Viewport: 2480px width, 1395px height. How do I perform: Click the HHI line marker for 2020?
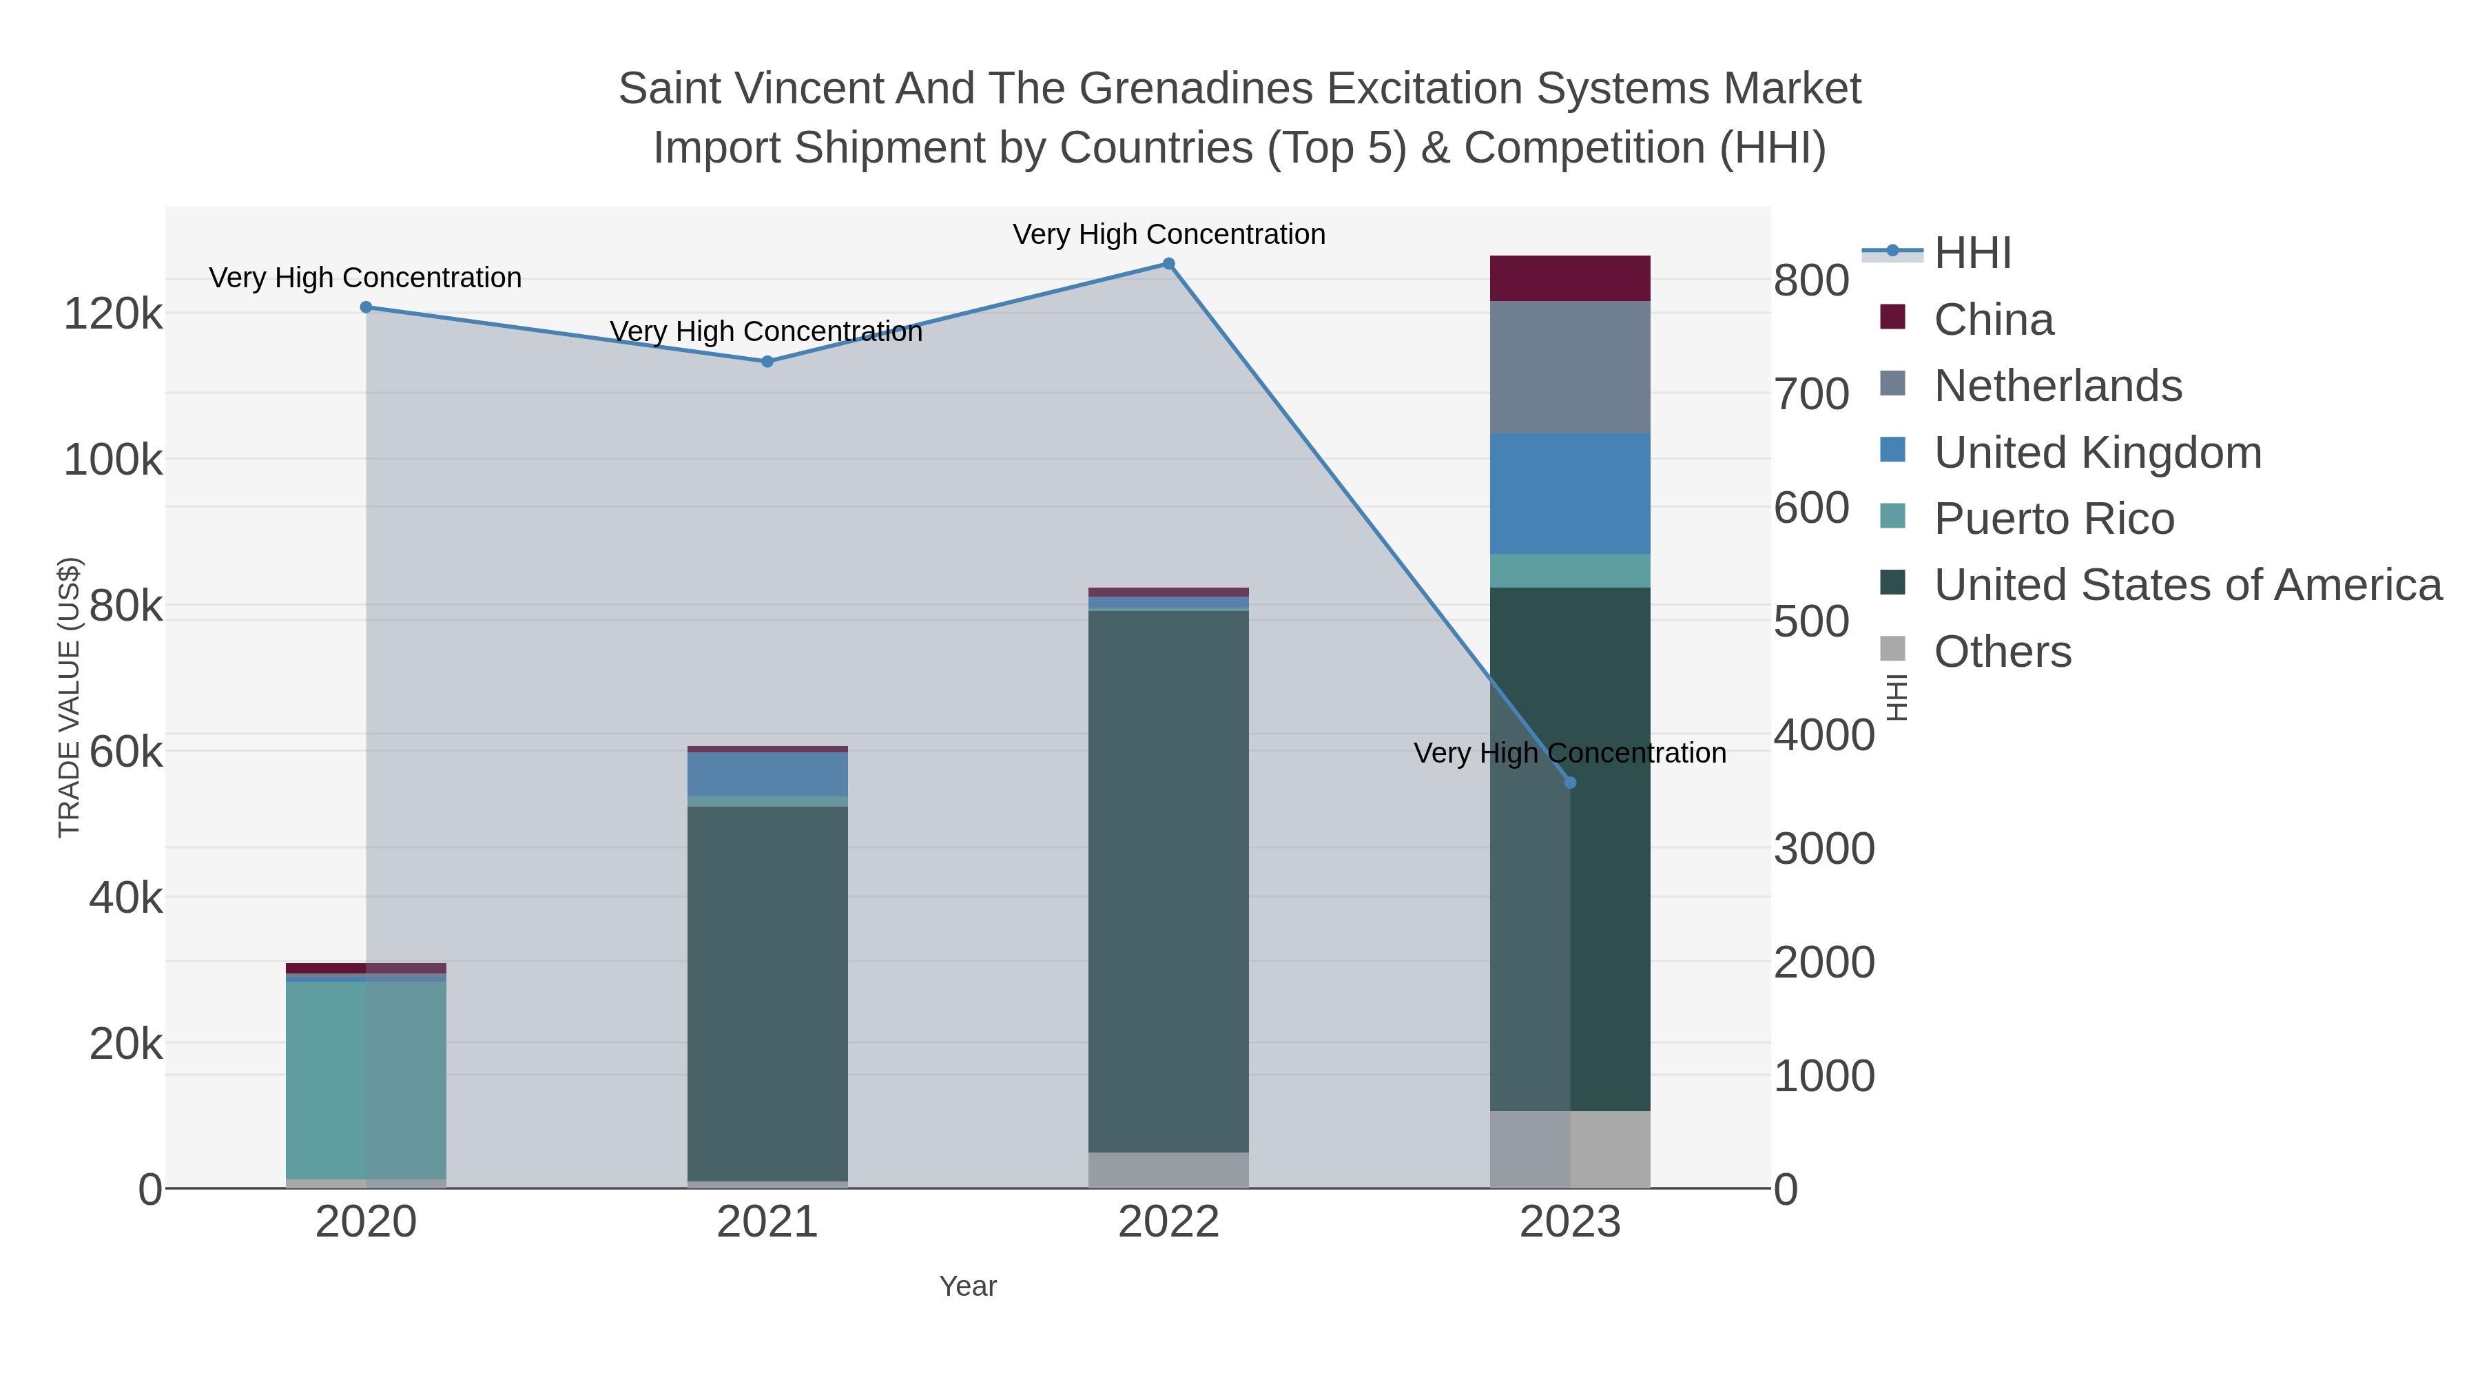[366, 307]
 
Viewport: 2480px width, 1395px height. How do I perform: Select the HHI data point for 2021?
[767, 361]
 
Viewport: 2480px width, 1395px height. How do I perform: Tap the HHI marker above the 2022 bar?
[1169, 264]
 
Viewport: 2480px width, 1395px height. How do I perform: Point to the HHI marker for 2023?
[1570, 783]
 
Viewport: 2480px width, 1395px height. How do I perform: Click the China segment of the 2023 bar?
[1570, 278]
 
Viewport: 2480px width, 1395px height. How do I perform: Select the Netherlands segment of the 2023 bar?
[1570, 366]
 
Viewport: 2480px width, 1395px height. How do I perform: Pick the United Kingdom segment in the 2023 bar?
[1570, 493]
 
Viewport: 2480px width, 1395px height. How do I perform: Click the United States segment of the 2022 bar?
[1169, 881]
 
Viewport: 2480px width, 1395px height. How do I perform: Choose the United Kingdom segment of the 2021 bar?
[767, 774]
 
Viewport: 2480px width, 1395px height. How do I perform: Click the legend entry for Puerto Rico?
[2054, 519]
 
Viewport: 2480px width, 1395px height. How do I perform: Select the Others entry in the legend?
[2003, 652]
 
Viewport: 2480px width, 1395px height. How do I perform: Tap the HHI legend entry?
[1972, 254]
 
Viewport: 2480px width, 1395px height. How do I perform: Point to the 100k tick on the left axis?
[114, 460]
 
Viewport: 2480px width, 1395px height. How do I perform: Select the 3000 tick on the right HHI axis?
[1823, 849]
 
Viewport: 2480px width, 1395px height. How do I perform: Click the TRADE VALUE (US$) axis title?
[70, 697]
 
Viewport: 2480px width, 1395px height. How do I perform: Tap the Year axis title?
[968, 1286]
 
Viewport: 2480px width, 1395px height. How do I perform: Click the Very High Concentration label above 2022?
[1169, 234]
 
